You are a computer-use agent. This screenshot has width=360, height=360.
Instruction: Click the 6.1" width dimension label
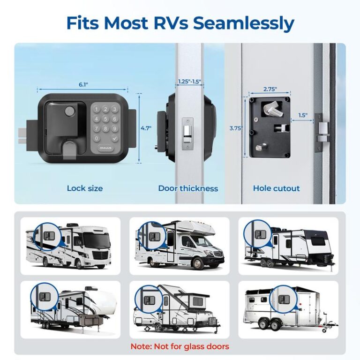pyautogui.click(x=83, y=84)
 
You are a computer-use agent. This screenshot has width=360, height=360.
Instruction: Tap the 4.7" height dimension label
pyautogui.click(x=146, y=128)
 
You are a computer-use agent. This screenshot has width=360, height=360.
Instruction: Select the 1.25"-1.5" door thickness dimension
pyautogui.click(x=189, y=82)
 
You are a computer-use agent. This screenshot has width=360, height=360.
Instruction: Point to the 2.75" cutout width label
pyautogui.click(x=270, y=89)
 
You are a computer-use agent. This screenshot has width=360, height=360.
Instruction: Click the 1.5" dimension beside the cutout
pyautogui.click(x=302, y=115)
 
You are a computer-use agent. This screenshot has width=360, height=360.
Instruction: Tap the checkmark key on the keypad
pyautogui.click(x=115, y=138)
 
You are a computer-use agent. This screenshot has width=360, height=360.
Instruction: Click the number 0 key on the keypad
pyautogui.click(x=97, y=138)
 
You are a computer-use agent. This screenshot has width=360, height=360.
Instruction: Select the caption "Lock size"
pyautogui.click(x=85, y=188)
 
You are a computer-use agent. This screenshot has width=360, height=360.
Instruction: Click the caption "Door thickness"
pyautogui.click(x=188, y=188)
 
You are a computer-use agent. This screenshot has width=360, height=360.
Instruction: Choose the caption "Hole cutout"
pyautogui.click(x=276, y=188)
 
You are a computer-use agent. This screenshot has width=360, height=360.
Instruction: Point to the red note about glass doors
pyautogui.click(x=180, y=346)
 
